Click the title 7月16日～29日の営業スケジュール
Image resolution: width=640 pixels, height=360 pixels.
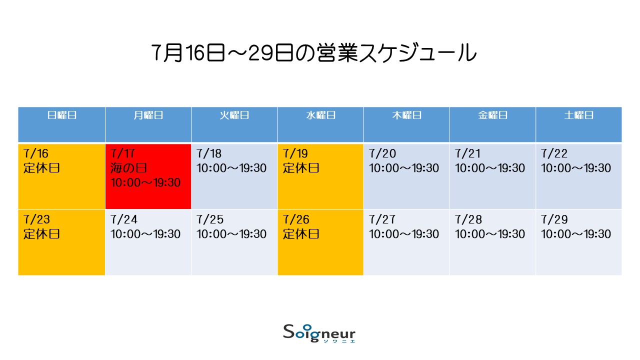[x=313, y=52]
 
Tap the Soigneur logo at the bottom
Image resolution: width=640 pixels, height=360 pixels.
[x=319, y=333]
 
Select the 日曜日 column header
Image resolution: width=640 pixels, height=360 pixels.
[x=61, y=115]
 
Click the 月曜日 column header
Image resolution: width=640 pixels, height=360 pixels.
[x=148, y=115]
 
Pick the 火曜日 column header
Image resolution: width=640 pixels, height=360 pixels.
[x=234, y=115]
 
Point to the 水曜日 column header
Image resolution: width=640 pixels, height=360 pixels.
[x=320, y=115]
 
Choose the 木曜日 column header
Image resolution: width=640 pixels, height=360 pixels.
[x=406, y=115]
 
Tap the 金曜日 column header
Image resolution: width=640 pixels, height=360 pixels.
[x=492, y=115]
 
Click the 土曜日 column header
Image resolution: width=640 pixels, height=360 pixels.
[x=579, y=115]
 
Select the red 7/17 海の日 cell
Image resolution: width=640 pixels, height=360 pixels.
[x=148, y=176]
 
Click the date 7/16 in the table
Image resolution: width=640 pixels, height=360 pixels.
[x=36, y=153]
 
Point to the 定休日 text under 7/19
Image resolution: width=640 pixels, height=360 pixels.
[x=301, y=168]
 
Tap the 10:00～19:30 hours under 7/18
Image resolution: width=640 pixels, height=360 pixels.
[x=231, y=168]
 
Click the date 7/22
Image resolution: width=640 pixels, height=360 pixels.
[x=554, y=153]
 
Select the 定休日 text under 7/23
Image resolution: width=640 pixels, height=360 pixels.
[x=41, y=234]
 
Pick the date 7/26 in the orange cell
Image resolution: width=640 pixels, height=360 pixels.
[x=296, y=219]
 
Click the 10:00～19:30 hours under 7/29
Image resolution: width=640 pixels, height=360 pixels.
[x=576, y=234]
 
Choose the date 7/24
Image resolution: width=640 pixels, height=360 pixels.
[x=123, y=219]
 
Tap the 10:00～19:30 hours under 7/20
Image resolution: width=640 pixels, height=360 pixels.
[x=403, y=168]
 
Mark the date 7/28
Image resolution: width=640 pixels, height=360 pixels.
[x=468, y=219]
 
